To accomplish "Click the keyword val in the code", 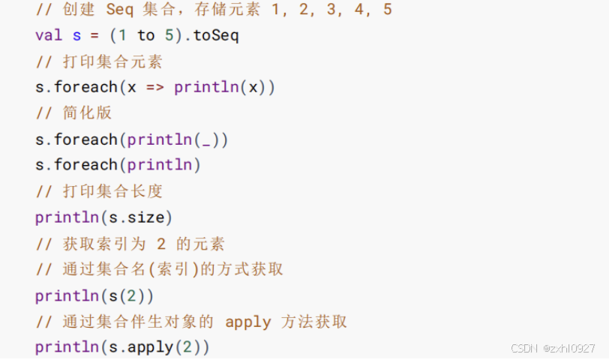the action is click(49, 35).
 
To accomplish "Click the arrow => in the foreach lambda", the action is click(155, 87).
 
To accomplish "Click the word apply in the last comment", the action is click(247, 322).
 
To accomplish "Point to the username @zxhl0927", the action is click(569, 349).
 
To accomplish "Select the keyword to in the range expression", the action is click(145, 35).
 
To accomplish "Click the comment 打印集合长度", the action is click(112, 191).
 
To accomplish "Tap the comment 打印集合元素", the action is click(112, 61).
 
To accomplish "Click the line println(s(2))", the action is click(94, 295).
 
